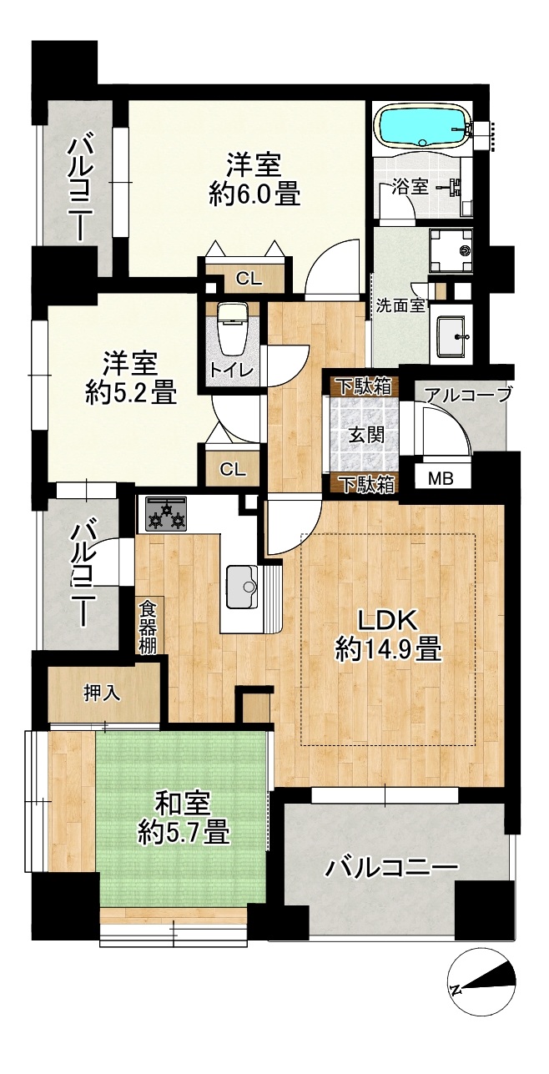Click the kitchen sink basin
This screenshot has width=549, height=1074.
pyautogui.click(x=243, y=586)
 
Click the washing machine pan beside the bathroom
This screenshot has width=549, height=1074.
pyautogui.click(x=451, y=250)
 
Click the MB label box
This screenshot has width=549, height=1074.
pyautogui.click(x=441, y=478)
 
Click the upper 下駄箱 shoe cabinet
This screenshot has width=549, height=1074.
pyautogui.click(x=363, y=386)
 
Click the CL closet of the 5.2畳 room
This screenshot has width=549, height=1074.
pyautogui.click(x=233, y=468)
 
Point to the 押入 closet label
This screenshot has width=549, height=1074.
pyautogui.click(x=102, y=695)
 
